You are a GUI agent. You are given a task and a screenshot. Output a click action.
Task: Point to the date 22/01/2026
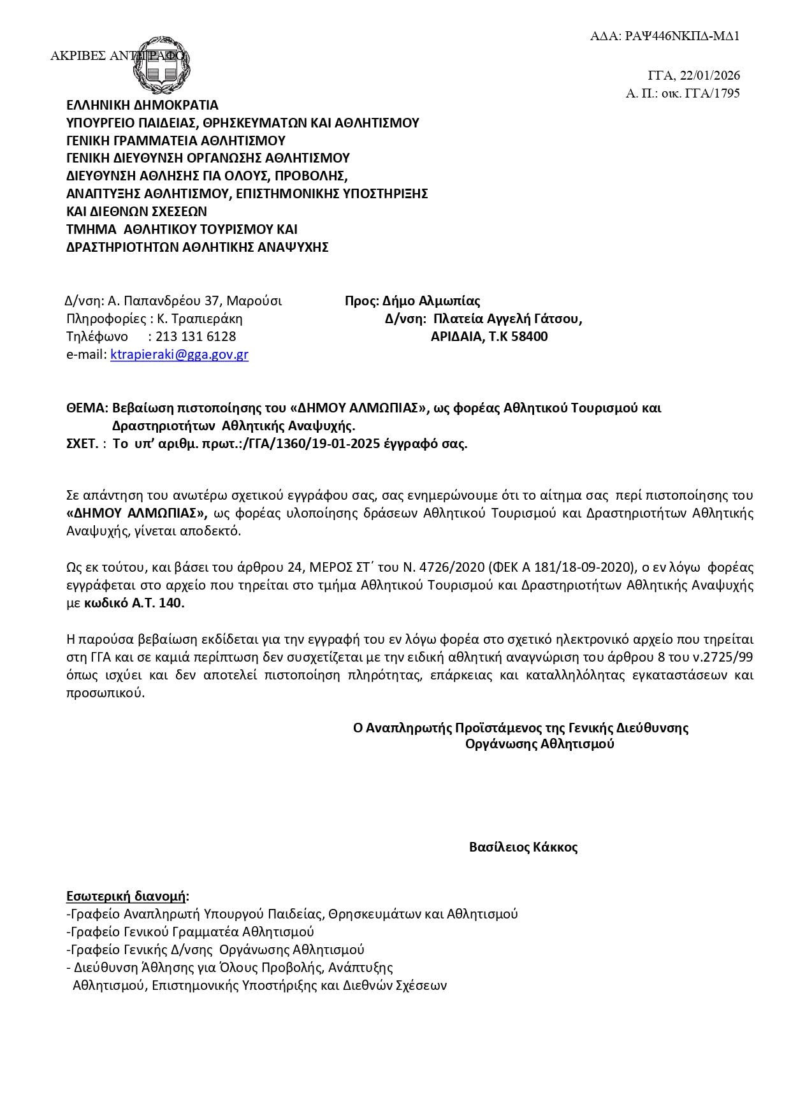coord(710,76)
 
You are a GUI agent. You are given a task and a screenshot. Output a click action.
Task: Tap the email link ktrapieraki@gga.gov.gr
coord(179,355)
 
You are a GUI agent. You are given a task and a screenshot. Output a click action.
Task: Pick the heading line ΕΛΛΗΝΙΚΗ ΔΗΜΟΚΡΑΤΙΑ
coord(142,105)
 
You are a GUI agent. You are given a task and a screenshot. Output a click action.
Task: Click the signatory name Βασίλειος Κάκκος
coord(523,847)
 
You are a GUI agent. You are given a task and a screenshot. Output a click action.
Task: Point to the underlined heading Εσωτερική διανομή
coord(127,896)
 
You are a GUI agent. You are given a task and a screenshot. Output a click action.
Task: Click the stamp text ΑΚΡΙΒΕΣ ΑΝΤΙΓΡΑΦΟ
coord(117,56)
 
